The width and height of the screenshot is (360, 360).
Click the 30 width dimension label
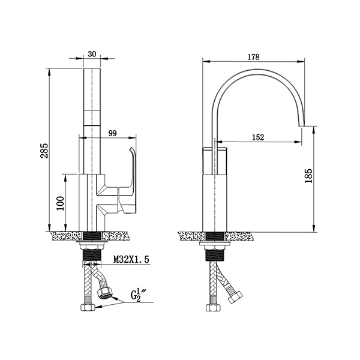click(92, 54)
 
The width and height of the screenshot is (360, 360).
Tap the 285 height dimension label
click(44, 151)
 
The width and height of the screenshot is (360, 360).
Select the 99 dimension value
click(113, 133)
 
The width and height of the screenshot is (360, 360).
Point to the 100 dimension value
click(60, 203)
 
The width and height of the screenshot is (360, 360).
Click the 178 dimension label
click(253, 57)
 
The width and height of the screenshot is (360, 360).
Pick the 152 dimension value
click(258, 137)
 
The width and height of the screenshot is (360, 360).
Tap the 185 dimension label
click(308, 176)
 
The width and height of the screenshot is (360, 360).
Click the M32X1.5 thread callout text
click(131, 259)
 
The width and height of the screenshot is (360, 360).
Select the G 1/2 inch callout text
click(136, 295)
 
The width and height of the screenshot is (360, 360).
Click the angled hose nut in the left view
click(105, 294)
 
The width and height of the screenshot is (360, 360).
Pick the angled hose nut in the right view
click(235, 297)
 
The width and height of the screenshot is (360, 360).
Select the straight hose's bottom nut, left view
click(88, 307)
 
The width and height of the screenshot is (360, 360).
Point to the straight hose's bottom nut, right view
click(214, 308)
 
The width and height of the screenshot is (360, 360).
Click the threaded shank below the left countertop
click(92, 256)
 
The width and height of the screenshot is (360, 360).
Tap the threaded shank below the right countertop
click(214, 256)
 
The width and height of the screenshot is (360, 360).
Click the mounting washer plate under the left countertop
click(92, 242)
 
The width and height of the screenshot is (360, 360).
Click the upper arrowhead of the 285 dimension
click(49, 72)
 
